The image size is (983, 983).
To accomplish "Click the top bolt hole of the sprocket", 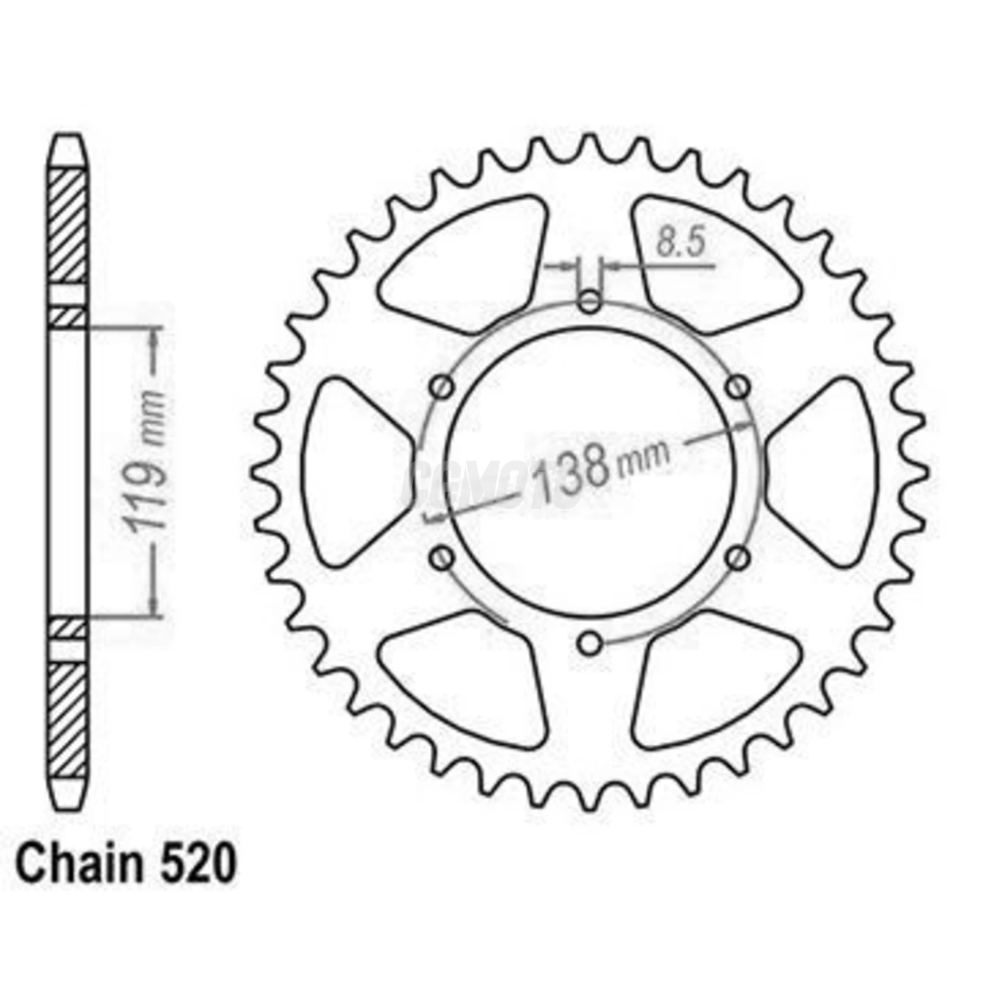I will click(x=590, y=303).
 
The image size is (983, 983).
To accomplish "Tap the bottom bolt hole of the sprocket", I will click(x=590, y=642).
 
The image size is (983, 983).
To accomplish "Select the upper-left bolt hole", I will click(x=442, y=386).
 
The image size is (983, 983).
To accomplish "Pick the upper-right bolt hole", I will click(x=737, y=386).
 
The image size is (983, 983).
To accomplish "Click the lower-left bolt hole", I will click(x=442, y=558).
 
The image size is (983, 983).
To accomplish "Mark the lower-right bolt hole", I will click(x=737, y=558).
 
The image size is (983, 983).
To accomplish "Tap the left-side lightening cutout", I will click(x=351, y=470).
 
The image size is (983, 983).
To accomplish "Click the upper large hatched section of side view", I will click(x=68, y=225).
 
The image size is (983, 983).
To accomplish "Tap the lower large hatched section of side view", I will click(x=68, y=720).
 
